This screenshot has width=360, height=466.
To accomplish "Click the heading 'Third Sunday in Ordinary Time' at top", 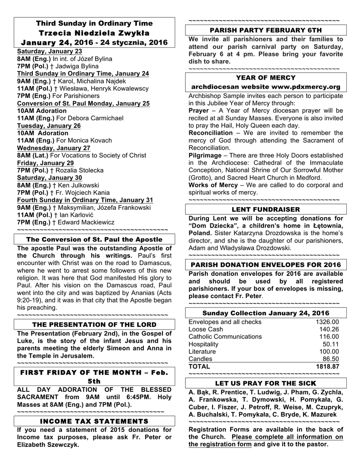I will point(94,23).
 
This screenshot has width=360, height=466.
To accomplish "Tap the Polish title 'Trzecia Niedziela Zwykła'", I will point(94,33).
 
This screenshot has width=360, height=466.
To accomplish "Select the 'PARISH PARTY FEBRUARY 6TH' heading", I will point(266,30).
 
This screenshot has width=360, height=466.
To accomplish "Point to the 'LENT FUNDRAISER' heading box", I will point(266,209).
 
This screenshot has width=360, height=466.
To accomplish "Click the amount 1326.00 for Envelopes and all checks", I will point(328,322).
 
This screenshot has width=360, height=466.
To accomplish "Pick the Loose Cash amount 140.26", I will point(329,329).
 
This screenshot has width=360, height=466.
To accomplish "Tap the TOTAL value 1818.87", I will point(328,366).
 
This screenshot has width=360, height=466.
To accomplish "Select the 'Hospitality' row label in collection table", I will point(203,344).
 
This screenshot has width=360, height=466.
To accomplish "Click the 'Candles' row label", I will point(200,359).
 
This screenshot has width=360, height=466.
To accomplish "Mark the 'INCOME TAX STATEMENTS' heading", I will point(94,421).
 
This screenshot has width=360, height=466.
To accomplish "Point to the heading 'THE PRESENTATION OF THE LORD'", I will point(94,324).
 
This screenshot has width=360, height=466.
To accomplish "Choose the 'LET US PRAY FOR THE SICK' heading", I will point(266,383).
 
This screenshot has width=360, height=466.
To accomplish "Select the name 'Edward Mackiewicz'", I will point(85,222).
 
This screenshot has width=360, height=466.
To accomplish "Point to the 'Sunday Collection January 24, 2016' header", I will point(266,313).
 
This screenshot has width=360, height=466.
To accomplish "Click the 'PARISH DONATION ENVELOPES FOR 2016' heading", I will point(266,265).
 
